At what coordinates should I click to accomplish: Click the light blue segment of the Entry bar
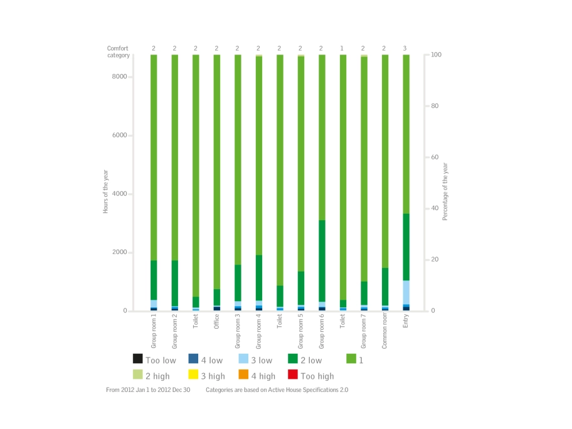point(406,292)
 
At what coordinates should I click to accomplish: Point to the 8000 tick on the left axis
point(120,77)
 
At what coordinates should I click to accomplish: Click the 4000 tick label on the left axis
point(120,194)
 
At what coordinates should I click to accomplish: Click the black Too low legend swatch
point(137,359)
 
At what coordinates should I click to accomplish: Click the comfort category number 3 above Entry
point(405,48)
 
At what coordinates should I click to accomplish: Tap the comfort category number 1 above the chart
point(342,48)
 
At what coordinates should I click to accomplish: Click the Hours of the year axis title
point(107,194)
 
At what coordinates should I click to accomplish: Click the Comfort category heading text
point(118,51)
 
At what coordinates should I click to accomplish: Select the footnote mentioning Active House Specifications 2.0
point(277,389)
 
